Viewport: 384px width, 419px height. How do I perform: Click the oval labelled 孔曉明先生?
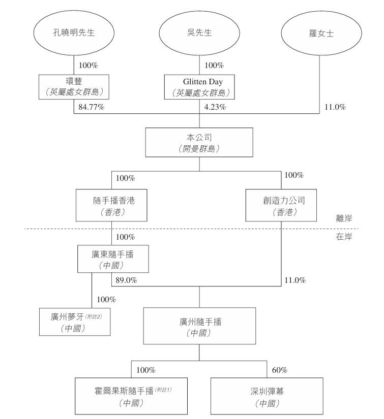point(74,33)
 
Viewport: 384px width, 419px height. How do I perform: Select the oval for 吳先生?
point(199,33)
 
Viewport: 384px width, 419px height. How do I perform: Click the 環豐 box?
point(74,86)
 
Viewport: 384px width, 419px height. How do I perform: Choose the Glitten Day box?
point(199,86)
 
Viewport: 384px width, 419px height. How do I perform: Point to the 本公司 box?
point(199,142)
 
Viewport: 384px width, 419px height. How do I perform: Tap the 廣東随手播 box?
point(113,259)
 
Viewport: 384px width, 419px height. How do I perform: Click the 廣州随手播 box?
point(199,327)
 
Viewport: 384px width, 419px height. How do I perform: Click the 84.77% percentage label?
point(92,108)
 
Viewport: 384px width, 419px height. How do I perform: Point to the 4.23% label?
point(215,108)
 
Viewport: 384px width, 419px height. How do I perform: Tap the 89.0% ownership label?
point(126,280)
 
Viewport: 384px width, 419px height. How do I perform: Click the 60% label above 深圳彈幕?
point(280,370)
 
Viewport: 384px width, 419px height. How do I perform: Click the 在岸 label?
point(344,237)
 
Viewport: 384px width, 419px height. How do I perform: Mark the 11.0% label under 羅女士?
point(335,108)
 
